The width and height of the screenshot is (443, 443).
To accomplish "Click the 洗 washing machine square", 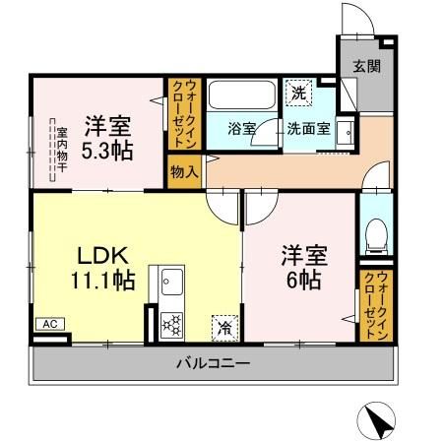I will point(296,95).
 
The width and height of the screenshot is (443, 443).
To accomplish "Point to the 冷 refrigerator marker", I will point(224,321).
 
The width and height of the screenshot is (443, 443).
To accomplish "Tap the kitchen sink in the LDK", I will point(164,285).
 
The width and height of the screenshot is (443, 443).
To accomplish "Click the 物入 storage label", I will point(184,170).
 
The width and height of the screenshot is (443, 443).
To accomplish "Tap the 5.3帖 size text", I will point(108,153).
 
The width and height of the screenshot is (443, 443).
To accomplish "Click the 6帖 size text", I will point(301,279).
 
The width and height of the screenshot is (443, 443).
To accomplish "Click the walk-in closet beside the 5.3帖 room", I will point(184,113).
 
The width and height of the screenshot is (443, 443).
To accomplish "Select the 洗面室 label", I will point(308,129).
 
